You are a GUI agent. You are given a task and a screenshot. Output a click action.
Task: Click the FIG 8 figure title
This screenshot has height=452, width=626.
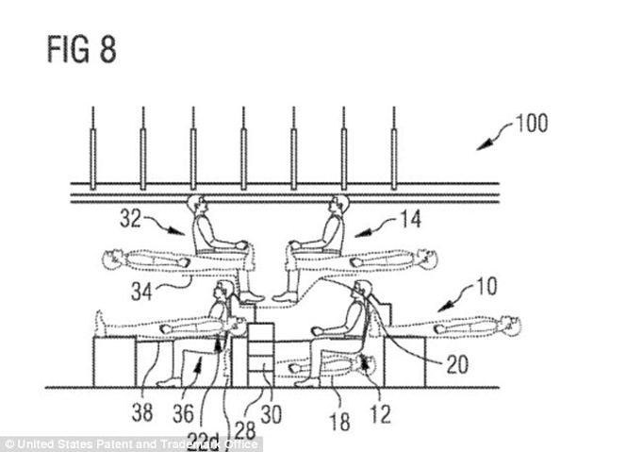coord(82,50)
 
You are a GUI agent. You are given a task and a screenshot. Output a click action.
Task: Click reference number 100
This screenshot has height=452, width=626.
coord(532,123)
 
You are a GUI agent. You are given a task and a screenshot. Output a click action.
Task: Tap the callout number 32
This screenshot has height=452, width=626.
coord(130,220)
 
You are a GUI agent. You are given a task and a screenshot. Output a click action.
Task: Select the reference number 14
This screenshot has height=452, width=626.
coord(410,220)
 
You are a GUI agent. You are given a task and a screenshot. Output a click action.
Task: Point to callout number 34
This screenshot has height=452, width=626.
coord(141,293)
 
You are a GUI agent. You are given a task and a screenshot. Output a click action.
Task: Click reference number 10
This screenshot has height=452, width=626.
coord(486,287)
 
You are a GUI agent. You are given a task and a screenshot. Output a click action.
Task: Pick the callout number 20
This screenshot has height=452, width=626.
coord(457,364)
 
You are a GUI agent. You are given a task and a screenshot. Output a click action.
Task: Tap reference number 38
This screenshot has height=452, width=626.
coord(142,412)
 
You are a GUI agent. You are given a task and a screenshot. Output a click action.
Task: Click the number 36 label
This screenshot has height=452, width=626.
coord(183,413)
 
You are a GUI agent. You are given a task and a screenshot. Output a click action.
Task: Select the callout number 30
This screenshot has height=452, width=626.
coord(272,414)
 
